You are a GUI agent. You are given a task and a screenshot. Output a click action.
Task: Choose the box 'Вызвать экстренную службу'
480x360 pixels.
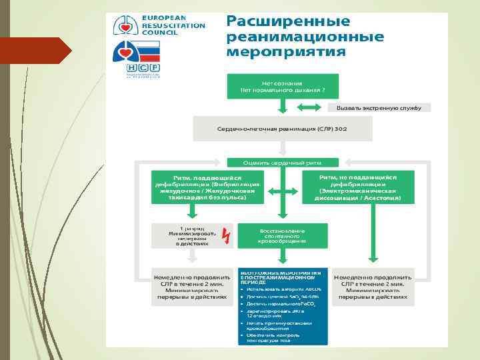[x=379, y=107]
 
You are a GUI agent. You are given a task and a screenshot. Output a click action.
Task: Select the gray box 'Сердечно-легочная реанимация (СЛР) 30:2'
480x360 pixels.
[x=283, y=128]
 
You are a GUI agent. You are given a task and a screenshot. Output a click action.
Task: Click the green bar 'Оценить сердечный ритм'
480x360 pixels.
[x=283, y=162]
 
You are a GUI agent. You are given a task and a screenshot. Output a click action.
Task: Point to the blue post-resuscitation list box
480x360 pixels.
[x=283, y=307]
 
